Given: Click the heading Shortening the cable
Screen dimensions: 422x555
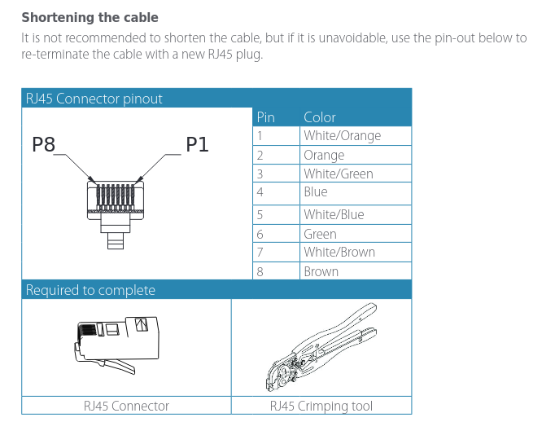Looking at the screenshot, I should point(90,17).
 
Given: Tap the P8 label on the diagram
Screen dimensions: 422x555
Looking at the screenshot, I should point(44,145).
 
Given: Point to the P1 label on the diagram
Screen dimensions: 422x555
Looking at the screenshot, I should point(198,145).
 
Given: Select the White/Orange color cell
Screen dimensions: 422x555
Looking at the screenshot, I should point(342,136).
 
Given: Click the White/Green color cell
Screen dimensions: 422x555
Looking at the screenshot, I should point(338,174).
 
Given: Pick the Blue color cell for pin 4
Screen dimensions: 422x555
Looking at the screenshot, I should point(316,192).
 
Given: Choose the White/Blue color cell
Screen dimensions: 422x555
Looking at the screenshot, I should point(334,215).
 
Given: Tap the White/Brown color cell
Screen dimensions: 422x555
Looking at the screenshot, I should point(339,253).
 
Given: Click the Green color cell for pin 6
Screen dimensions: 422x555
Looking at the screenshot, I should point(320,234).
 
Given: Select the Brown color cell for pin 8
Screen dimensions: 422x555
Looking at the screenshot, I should point(321,272).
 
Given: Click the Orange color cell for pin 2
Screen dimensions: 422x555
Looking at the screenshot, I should point(324,155).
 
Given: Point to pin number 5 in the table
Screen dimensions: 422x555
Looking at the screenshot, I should point(260,215).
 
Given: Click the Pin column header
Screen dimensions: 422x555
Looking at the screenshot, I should point(265,117).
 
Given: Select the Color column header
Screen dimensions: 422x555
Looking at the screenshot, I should point(320,117).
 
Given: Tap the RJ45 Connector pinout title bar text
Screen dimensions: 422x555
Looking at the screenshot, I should point(94,99).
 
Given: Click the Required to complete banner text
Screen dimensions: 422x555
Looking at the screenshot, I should point(90,290).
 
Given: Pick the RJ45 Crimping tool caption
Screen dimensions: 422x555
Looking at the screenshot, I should point(321,406).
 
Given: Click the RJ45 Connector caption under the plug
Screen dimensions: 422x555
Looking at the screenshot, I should point(126,406).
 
